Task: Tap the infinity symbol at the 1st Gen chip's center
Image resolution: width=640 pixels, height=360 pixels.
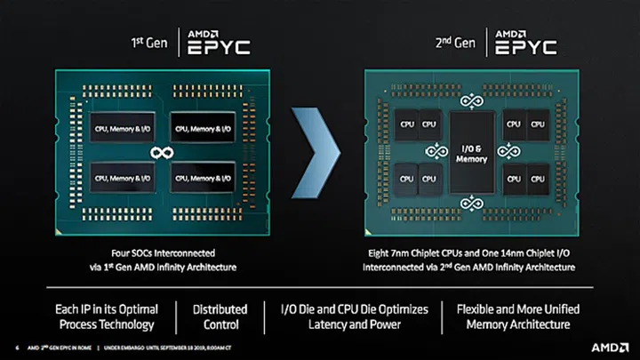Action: (161, 154)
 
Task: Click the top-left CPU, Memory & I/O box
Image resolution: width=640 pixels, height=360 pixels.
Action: (114, 128)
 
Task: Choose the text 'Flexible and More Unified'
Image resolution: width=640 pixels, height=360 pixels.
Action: (517, 308)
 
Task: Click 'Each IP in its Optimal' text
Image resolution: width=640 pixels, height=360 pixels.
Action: (108, 308)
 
